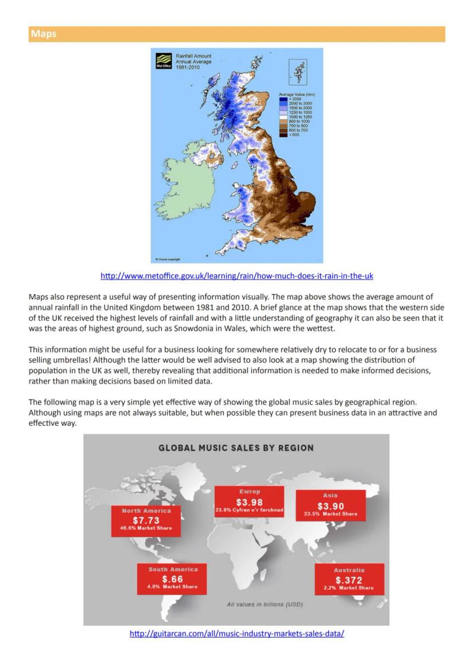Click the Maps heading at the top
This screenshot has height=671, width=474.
pos(44,34)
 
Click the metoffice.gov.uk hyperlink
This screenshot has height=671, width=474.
pos(236,276)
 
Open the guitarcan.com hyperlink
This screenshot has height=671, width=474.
pos(236,634)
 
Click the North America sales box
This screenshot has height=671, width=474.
pos(146,520)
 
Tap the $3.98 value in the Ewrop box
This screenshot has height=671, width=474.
pos(249,503)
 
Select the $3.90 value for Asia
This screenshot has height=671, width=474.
pos(330,506)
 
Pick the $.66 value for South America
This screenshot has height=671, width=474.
pos(172,579)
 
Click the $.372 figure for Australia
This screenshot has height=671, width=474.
pos(349,580)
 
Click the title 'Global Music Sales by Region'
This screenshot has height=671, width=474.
pos(236,448)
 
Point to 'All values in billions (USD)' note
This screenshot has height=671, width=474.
pos(264,605)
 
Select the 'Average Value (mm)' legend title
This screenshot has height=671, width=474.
pos(297,94)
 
